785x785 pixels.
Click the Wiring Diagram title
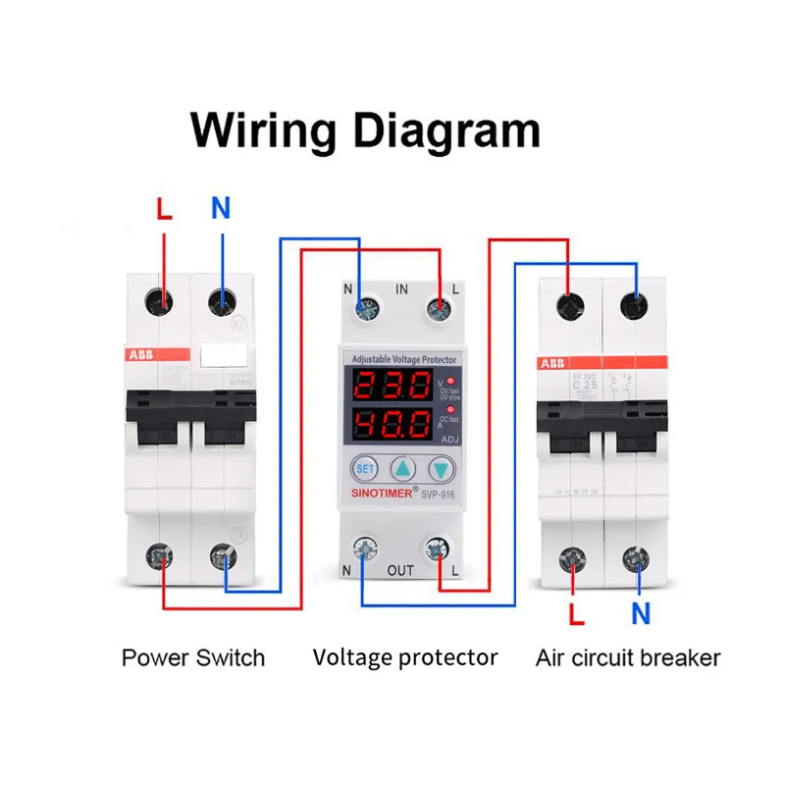pos(365,131)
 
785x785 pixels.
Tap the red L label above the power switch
pos(164,208)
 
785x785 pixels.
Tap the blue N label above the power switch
pos(221,208)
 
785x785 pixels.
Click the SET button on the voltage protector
pos(365,469)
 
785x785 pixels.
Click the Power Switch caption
pos(193,657)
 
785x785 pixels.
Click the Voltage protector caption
pos(405,657)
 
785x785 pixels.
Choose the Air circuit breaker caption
pos(628,657)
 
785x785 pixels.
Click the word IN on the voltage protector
pos(401,289)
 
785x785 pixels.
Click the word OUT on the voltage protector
pos(400,570)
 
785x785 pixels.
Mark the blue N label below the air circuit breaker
pos(641,615)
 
